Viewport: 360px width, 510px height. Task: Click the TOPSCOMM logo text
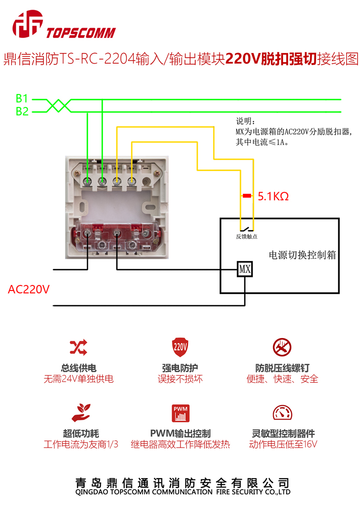[81, 32]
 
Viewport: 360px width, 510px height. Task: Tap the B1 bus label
[22, 99]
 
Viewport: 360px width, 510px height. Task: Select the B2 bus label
[22, 112]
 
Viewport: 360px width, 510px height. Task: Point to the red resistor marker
[247, 196]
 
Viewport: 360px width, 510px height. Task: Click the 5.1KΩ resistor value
[273, 196]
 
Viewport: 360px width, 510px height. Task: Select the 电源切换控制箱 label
[302, 255]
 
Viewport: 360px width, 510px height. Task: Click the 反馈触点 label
[246, 237]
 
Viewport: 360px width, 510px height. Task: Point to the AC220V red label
[29, 290]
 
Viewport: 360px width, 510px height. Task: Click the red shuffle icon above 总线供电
[78, 347]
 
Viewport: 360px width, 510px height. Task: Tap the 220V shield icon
[180, 347]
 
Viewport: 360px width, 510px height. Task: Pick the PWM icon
[180, 413]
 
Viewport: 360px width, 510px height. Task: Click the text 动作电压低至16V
[283, 445]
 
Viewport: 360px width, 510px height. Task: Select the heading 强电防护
[180, 368]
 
